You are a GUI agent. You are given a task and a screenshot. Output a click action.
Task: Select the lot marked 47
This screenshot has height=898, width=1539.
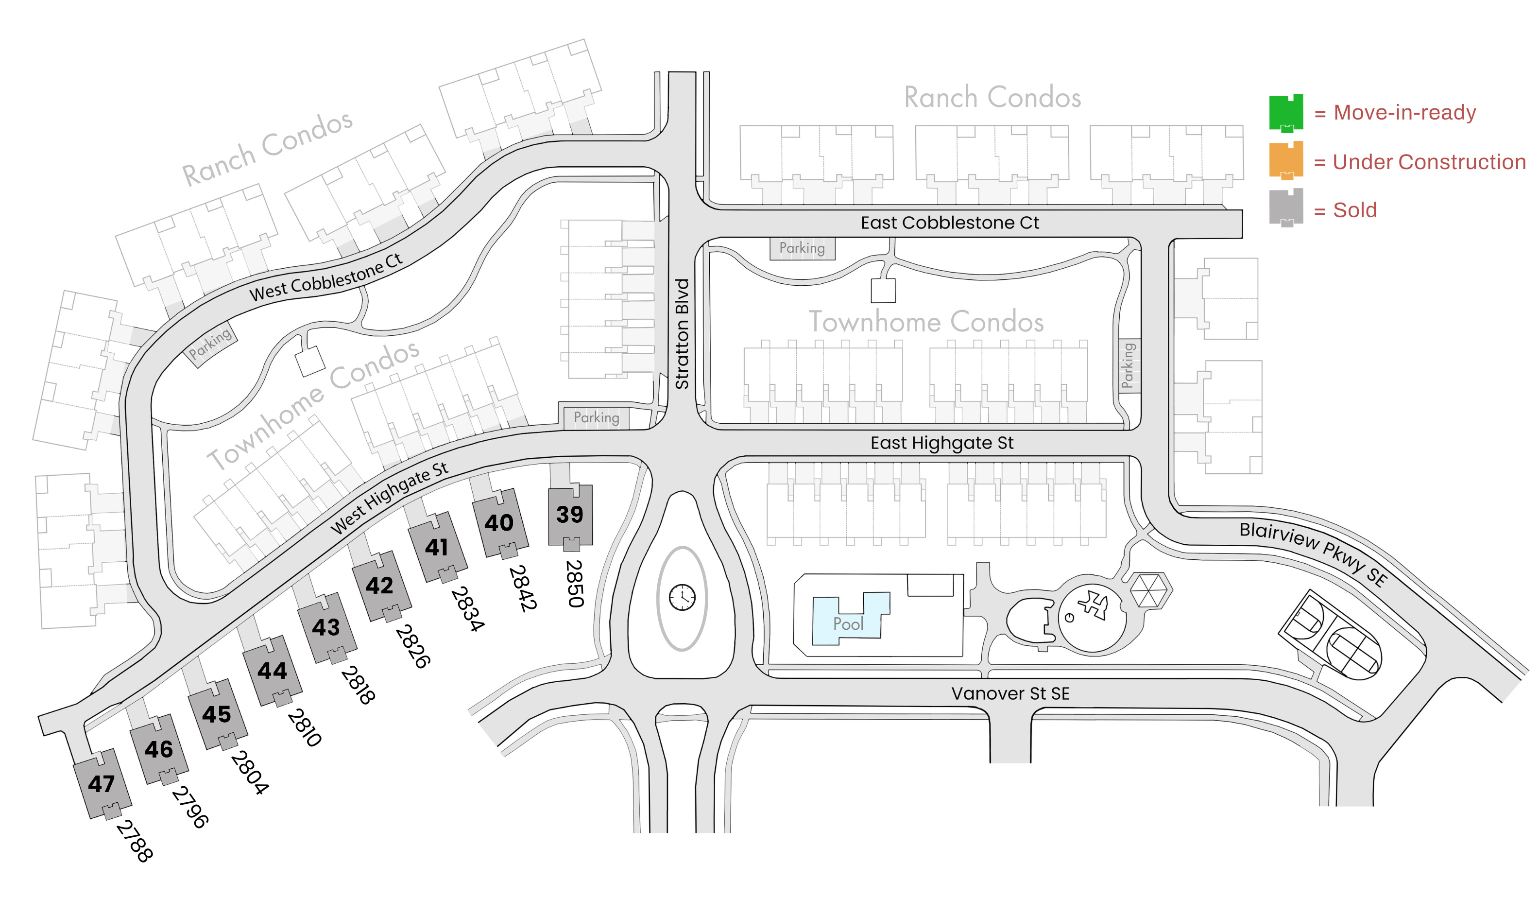(102, 784)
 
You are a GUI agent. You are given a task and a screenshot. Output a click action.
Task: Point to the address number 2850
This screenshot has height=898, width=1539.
(575, 584)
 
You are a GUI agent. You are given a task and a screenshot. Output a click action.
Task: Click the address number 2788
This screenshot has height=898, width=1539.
(135, 841)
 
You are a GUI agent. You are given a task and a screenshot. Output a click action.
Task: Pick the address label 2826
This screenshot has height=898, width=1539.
(413, 646)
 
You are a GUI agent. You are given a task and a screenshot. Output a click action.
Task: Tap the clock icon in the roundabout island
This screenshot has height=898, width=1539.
(682, 597)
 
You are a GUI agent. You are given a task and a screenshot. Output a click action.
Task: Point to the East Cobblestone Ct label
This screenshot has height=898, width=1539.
(950, 223)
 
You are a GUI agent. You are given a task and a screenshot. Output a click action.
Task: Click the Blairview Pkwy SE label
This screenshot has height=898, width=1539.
(1313, 553)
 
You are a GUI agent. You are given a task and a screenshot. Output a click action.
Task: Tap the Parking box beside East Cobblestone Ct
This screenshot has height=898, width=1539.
(802, 248)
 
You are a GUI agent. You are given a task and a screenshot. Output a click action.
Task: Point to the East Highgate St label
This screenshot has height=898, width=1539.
(942, 442)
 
